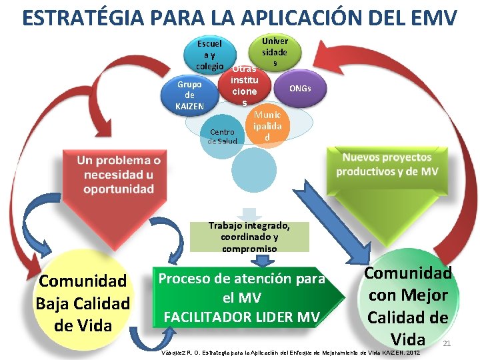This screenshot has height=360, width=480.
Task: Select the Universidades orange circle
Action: pyautogui.click(x=274, y=52)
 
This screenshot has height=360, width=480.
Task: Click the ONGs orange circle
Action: pyautogui.click(x=299, y=89)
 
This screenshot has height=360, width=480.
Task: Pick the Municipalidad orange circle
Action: pyautogui.click(x=267, y=126)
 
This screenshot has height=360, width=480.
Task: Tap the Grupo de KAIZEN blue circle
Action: pyautogui.click(x=189, y=95)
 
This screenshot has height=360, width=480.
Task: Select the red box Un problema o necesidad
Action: pyautogui.click(x=119, y=175)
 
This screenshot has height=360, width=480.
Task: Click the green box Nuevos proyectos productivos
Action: pyautogui.click(x=387, y=165)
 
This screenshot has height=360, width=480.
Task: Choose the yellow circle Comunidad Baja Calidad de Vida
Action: pyautogui.click(x=83, y=303)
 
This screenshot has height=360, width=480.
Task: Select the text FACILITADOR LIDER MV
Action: pyautogui.click(x=241, y=315)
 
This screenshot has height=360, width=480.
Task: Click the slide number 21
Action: pyautogui.click(x=447, y=343)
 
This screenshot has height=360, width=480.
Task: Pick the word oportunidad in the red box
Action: pyautogui.click(x=119, y=189)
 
